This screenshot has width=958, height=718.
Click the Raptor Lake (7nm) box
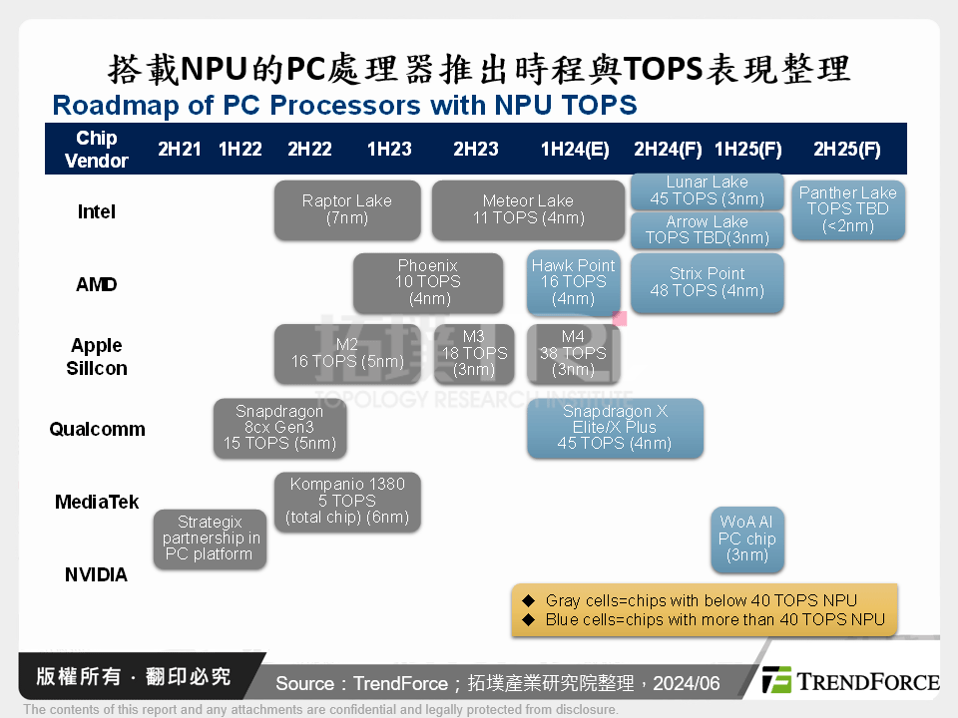[347, 209]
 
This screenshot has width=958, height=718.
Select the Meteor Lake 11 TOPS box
[528, 209]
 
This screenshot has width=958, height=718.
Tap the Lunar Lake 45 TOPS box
[707, 190]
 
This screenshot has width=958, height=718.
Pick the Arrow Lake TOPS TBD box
[707, 230]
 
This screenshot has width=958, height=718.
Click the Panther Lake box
[848, 209]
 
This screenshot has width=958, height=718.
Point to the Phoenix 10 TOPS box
[428, 282]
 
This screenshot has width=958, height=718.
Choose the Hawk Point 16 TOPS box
[574, 282]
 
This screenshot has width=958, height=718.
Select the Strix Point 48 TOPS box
[707, 282]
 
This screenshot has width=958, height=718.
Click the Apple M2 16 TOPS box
[347, 354]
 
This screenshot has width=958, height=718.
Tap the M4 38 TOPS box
[573, 354]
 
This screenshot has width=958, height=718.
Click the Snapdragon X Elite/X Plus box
[615, 428]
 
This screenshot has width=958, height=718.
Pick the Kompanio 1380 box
[347, 502]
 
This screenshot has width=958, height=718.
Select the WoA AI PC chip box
[746, 539]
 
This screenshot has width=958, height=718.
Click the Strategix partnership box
[210, 538]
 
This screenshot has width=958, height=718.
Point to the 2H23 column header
[476, 150]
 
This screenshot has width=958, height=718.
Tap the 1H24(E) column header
[575, 150]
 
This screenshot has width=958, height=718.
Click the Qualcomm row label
[98, 430]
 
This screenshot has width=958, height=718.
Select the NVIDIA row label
[97, 575]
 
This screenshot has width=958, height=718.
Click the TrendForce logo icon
[777, 680]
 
